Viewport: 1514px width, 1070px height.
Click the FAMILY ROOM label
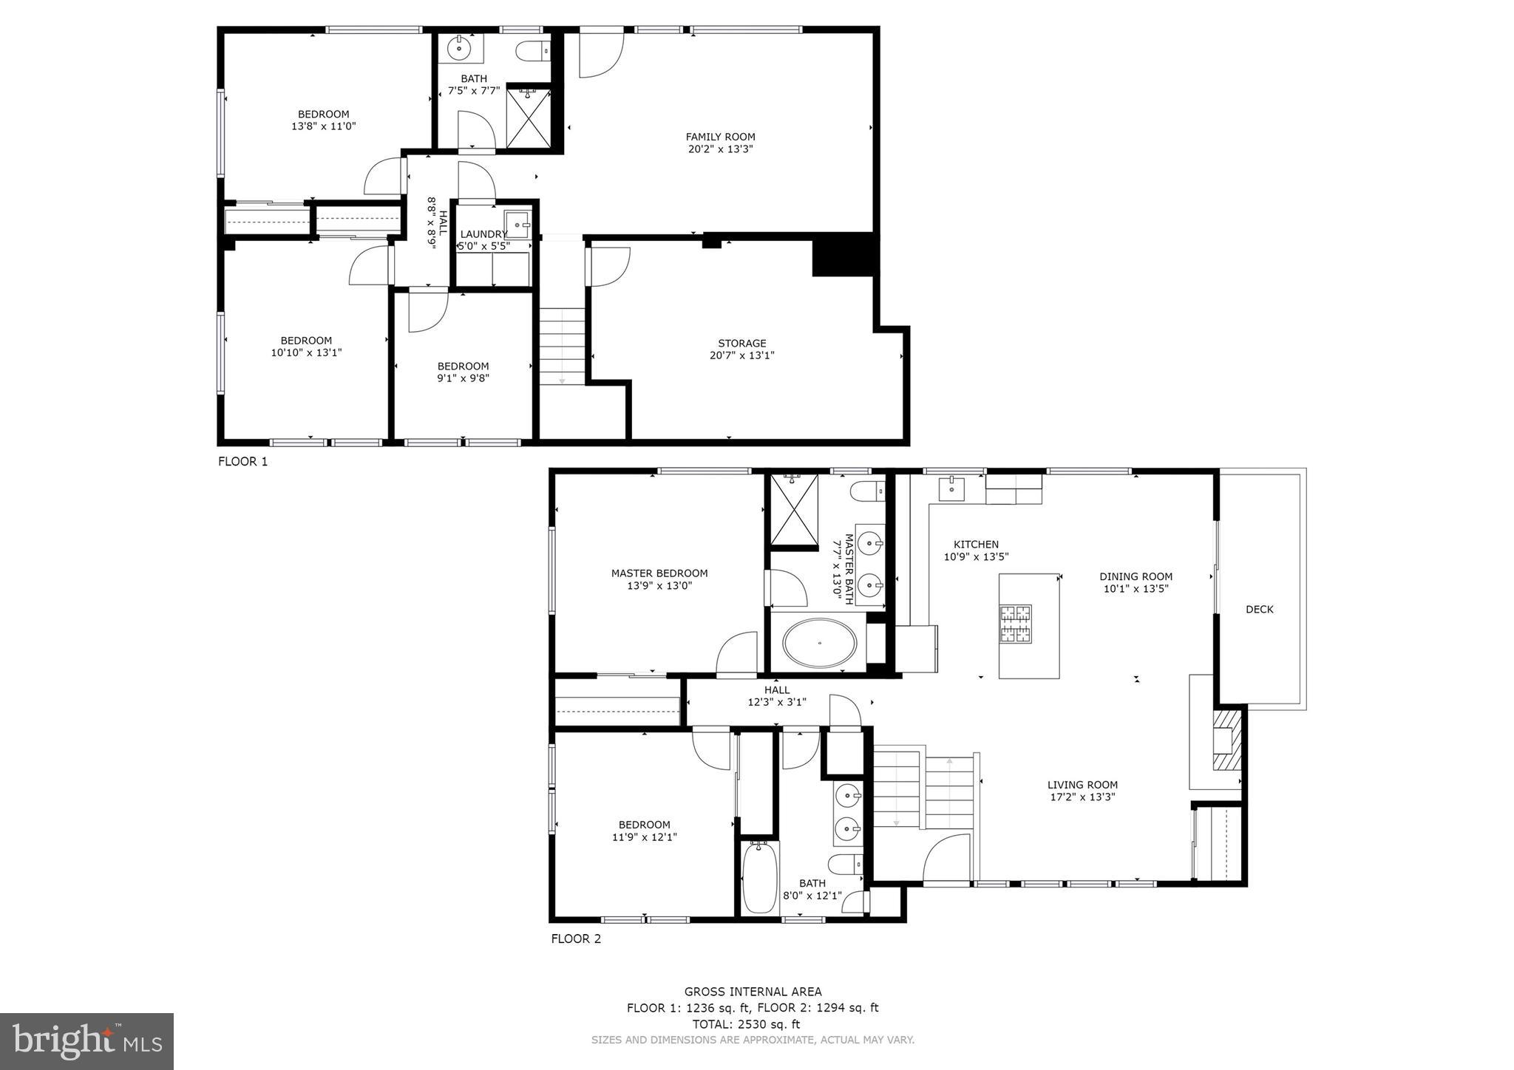(720, 137)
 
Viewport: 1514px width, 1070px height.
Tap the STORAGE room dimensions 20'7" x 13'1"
(741, 355)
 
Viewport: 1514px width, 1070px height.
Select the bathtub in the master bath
(820, 643)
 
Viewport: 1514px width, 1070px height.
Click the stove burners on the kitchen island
(1015, 623)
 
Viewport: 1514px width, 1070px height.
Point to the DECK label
(1259, 610)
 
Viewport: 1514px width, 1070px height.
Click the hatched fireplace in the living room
(1227, 741)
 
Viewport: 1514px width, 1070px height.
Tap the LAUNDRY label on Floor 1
(483, 234)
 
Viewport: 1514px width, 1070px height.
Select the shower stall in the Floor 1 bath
(529, 118)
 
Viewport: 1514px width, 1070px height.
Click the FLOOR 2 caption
(576, 939)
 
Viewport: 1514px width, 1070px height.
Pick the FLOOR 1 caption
(242, 462)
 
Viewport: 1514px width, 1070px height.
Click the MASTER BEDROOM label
(659, 573)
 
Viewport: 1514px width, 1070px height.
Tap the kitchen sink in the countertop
(951, 488)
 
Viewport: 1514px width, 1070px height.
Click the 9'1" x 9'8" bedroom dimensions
(463, 378)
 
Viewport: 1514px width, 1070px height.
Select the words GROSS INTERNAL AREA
(753, 992)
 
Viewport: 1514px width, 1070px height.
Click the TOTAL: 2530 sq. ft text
(746, 1024)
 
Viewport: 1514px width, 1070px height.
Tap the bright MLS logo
(86, 1042)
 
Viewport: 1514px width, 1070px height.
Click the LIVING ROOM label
(1082, 785)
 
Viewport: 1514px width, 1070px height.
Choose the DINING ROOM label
(1135, 577)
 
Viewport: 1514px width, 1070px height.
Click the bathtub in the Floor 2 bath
(758, 878)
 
